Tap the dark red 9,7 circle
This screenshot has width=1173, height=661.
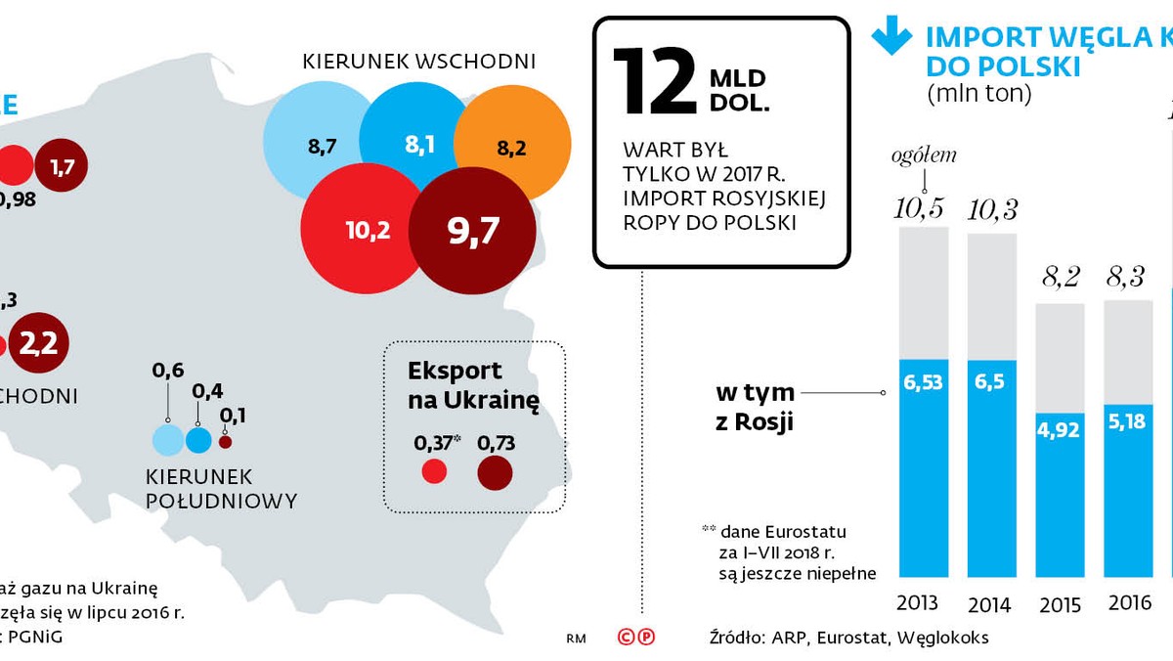[x=472, y=231]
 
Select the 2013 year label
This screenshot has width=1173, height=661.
[x=916, y=602]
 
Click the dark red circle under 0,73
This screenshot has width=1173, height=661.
[x=496, y=473]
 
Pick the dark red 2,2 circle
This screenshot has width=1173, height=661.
[x=39, y=344]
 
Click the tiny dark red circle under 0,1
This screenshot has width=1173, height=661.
[x=226, y=442]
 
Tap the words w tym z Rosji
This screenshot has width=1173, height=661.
[x=755, y=408]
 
